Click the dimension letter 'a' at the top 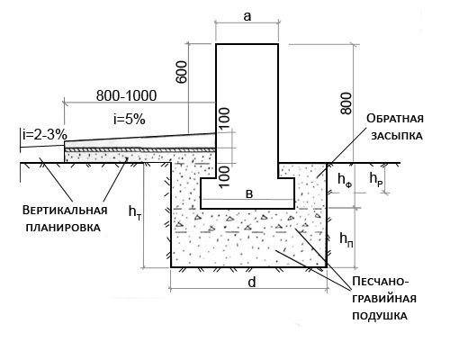click(247, 17)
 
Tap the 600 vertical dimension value click(181, 72)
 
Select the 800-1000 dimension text click(126, 95)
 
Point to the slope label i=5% click(130, 120)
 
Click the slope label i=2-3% click(45, 135)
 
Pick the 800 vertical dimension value click(346, 103)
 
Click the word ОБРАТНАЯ click(395, 119)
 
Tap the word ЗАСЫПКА click(397, 136)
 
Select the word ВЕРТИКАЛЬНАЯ click(65, 210)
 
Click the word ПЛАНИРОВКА click(63, 228)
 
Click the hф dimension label click(345, 180)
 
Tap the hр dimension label click(376, 179)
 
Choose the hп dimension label click(346, 239)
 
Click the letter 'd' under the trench click(252, 283)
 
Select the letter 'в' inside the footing click(249, 194)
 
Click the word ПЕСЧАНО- click(381, 282)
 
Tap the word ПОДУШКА click(380, 316)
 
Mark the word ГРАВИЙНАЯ click(384, 299)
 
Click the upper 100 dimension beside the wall click(224, 119)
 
